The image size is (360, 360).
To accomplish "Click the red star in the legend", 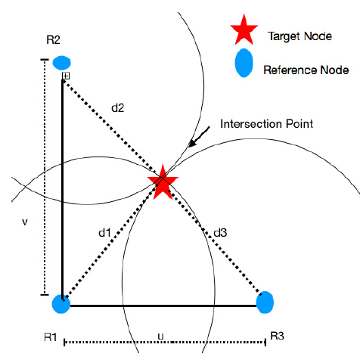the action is pyautogui.click(x=244, y=31).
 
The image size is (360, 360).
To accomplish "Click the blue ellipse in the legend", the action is pyautogui.click(x=244, y=63).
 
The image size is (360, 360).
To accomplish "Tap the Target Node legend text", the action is pyautogui.click(x=299, y=36).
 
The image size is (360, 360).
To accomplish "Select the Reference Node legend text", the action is pyautogui.click(x=306, y=70).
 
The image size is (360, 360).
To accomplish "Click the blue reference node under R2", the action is pyautogui.click(x=61, y=63).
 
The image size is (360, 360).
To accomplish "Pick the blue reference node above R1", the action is pyautogui.click(x=61, y=304).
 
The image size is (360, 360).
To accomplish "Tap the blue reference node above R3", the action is pyautogui.click(x=265, y=303).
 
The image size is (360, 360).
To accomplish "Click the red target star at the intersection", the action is pyautogui.click(x=163, y=182).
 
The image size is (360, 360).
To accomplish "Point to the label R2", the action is pyautogui.click(x=53, y=40).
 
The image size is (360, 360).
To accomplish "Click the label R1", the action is pyautogui.click(x=51, y=337).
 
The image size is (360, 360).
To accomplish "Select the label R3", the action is pyautogui.click(x=277, y=336).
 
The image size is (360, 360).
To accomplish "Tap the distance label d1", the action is pyautogui.click(x=104, y=233).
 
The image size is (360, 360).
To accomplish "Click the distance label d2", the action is pyautogui.click(x=118, y=107).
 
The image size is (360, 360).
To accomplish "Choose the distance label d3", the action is pyautogui.click(x=220, y=233).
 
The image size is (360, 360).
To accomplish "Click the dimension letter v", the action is pyautogui.click(x=25, y=222).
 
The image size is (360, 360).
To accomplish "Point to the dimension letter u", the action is pyautogui.click(x=160, y=337).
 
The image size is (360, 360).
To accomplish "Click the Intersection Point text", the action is pyautogui.click(x=266, y=124).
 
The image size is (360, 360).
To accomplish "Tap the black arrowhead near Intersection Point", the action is pyautogui.click(x=192, y=144).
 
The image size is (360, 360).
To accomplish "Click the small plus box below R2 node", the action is pyautogui.click(x=66, y=76).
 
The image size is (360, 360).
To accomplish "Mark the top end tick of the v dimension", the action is pyautogui.click(x=45, y=60).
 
